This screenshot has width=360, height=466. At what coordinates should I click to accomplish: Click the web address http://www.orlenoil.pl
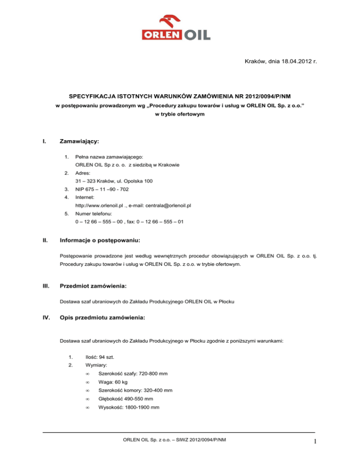click(101, 205)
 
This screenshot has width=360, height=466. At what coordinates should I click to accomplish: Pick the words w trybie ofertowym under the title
click(180, 114)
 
